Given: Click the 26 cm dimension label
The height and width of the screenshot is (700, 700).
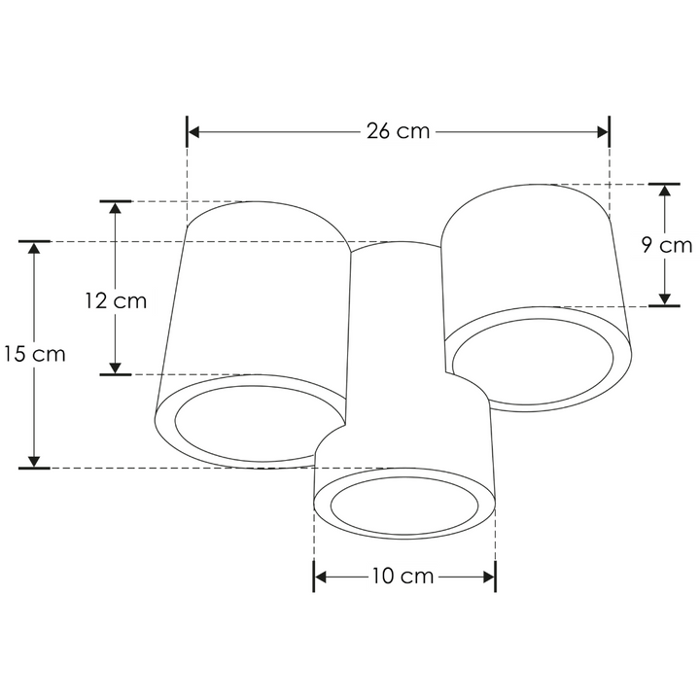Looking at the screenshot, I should [x=398, y=131].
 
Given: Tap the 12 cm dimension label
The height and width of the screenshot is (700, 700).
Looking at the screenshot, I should [x=115, y=300].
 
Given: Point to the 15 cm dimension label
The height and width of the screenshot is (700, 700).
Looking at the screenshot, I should [x=34, y=354].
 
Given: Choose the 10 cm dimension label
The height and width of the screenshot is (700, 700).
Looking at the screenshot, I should [x=402, y=577].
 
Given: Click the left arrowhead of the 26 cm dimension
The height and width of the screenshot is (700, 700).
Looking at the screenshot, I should [x=193, y=131].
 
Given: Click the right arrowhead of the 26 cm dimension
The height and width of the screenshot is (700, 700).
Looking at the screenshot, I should [x=602, y=131].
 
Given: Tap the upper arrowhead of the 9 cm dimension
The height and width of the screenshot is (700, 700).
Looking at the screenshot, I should [x=665, y=192].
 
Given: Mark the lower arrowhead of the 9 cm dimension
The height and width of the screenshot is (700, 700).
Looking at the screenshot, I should [x=665, y=298].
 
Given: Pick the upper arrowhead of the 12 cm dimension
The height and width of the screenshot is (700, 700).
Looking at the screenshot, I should [x=116, y=209].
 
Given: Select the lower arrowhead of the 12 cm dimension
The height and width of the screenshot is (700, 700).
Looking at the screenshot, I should [x=116, y=367].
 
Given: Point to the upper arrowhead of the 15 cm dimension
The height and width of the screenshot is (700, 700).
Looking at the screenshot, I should [x=34, y=249].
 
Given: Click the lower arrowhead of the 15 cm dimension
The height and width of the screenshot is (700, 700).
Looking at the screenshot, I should [x=34, y=460].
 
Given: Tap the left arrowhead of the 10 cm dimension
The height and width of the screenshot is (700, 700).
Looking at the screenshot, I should [x=321, y=577].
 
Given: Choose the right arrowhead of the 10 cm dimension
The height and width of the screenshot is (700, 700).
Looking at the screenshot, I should [x=489, y=577].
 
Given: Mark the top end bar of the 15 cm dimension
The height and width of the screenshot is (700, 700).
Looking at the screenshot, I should [x=34, y=240].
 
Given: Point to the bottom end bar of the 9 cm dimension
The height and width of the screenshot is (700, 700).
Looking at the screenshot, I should [x=665, y=306].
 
